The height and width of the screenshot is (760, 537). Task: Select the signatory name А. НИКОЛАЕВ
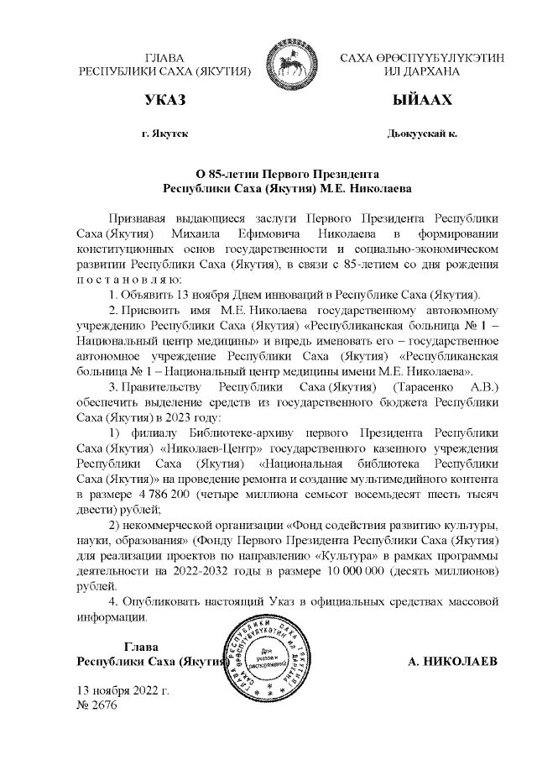click(452, 662)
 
